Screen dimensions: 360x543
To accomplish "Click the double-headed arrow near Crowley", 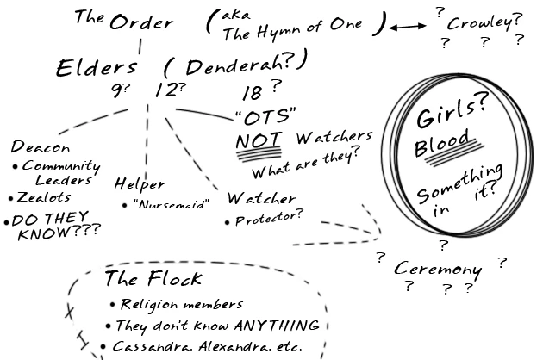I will tap(404, 28).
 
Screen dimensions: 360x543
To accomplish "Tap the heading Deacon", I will tap(35, 146).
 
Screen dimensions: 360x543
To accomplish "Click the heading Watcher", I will tap(261, 199).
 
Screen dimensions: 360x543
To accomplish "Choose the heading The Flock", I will tap(153, 278).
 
